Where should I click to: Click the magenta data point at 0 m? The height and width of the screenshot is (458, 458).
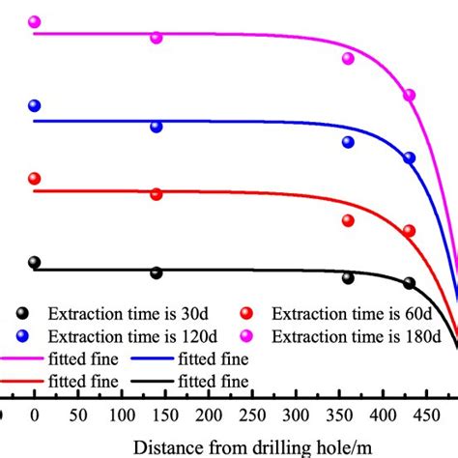[35, 21]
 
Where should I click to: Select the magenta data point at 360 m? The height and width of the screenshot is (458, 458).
[349, 58]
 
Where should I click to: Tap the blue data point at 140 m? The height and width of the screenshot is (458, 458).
[157, 127]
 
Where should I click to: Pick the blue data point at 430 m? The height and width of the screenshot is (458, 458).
[410, 157]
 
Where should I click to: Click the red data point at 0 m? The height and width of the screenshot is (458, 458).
[35, 179]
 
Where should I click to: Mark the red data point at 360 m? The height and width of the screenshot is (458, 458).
[349, 220]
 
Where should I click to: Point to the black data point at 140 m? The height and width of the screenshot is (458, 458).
[157, 273]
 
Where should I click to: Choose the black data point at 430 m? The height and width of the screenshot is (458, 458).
[410, 283]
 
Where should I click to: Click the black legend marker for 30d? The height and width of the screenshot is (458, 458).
[21, 313]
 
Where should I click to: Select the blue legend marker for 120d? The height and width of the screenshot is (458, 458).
[21, 335]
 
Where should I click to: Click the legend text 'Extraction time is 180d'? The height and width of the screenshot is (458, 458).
[358, 336]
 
